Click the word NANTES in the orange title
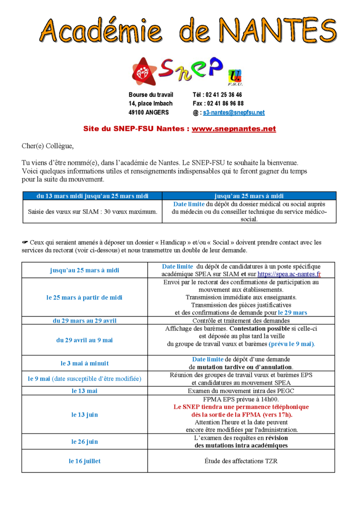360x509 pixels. coord(278,31)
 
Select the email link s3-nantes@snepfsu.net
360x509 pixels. coord(234,113)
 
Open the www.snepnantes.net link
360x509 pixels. coord(234,129)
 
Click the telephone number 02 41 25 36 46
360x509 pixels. coord(224,94)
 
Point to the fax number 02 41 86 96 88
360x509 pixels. coord(224,103)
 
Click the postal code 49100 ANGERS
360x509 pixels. coord(149,112)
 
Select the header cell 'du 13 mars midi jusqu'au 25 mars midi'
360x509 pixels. coord(92,196)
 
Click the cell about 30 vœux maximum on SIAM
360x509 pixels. coord(92,212)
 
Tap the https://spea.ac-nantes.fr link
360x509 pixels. coord(289,274)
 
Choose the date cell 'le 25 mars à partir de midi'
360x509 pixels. coord(84,297)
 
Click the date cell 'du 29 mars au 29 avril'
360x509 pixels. coord(84,321)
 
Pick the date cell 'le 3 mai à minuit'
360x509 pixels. coord(84,363)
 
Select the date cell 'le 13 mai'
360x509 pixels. coord(84,391)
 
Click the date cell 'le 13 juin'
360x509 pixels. coord(84,415)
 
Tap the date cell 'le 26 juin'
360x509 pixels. coord(84,441)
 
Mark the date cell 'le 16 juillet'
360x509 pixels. coord(84,461)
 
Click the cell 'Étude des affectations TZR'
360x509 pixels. coord(241,461)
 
